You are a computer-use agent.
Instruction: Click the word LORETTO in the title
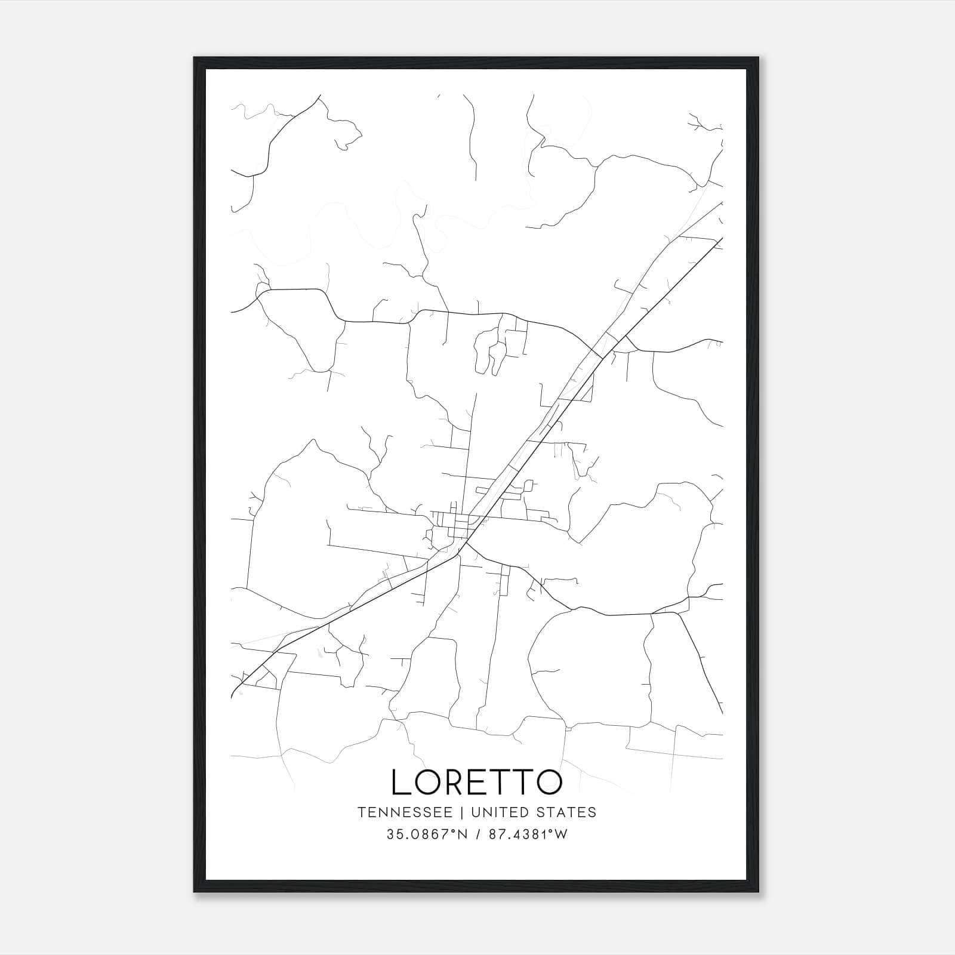point(476,782)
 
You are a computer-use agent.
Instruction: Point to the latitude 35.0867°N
point(426,834)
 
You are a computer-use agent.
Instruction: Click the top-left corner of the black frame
point(195,58)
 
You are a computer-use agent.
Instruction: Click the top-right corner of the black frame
point(758,58)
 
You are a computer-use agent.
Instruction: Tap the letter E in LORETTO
point(478,782)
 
